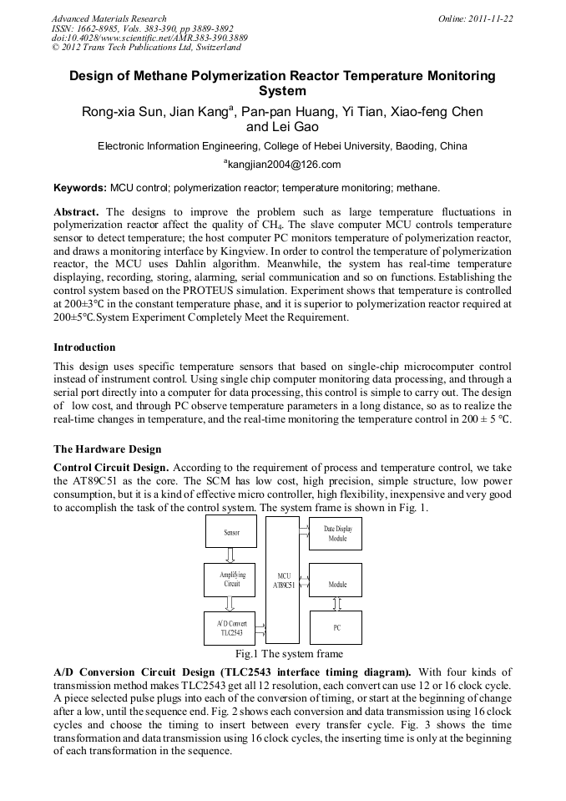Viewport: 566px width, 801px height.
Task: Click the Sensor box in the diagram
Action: tap(232, 532)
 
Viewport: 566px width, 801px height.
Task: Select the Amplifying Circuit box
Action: tap(232, 579)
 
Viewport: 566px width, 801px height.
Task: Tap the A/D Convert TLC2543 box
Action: tap(232, 628)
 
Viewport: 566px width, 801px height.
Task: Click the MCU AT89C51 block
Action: tap(284, 580)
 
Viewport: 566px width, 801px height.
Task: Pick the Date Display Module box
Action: tap(337, 535)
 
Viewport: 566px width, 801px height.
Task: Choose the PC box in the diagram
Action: tap(337, 626)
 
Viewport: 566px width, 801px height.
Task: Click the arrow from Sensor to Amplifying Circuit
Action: tap(232, 555)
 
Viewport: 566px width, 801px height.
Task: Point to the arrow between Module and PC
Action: tap(337, 603)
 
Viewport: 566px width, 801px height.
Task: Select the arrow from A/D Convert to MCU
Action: tap(262, 626)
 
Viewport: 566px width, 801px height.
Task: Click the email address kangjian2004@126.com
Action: tap(283, 165)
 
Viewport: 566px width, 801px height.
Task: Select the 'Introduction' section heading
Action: tap(84, 347)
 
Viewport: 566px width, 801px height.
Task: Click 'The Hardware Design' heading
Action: tap(107, 449)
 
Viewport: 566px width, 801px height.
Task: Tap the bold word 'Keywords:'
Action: tap(79, 188)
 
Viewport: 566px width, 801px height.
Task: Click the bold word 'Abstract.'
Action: tap(77, 212)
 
